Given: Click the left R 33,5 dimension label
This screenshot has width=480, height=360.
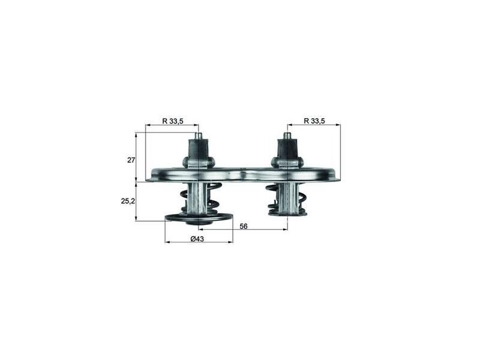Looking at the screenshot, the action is click(173, 121).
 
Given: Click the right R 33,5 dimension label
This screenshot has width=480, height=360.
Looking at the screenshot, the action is click(314, 121).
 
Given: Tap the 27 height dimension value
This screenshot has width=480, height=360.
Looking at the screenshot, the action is click(131, 160).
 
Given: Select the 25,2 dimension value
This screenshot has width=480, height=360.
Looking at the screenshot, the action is click(128, 202).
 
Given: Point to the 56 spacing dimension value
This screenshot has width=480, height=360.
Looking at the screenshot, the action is click(244, 227).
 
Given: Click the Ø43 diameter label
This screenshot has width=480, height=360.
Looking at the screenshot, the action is click(197, 239).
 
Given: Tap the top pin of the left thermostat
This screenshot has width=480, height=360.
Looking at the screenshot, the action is click(199, 136).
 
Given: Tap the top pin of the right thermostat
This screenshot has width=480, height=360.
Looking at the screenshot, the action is click(287, 136).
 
